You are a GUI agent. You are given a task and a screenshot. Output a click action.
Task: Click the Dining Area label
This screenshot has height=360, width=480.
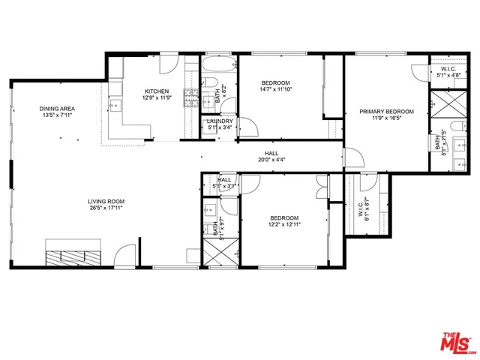(x=57, y=109)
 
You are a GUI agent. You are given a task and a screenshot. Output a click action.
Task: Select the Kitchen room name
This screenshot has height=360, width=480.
(x=157, y=91)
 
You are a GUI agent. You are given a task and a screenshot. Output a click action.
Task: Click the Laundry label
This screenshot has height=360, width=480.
(x=220, y=121)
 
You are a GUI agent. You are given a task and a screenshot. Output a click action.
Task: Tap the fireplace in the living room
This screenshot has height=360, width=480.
(x=73, y=251)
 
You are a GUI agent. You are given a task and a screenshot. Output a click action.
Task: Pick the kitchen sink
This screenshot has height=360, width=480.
(x=114, y=106)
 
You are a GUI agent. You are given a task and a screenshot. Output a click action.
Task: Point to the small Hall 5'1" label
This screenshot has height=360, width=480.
(x=225, y=181)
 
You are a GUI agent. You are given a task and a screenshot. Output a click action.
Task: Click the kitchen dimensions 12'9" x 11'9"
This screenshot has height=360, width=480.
(x=157, y=97)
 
